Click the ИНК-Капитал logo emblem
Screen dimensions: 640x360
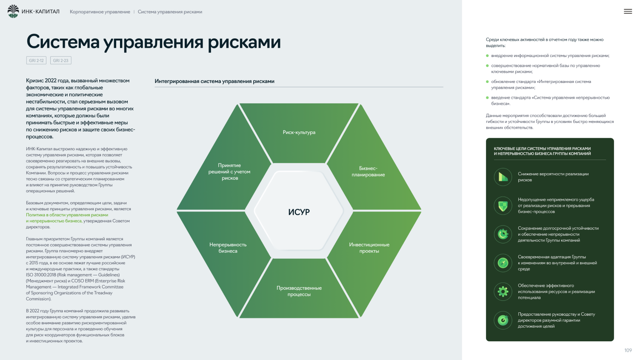pos(13,11)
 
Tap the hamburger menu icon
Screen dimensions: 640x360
pos(628,11)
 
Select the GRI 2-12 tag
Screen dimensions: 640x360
pos(36,60)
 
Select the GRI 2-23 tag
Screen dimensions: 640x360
pos(60,60)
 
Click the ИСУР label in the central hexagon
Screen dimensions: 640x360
pos(299,212)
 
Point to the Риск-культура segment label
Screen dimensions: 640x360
pos(299,132)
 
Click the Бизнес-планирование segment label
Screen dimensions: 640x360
pos(368,171)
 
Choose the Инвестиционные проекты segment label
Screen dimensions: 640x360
pos(369,248)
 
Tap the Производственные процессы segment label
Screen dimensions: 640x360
pos(299,291)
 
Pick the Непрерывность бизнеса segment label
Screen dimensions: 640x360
pos(228,248)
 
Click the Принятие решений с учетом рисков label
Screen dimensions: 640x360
pos(229,172)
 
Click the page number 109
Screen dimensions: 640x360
pos(628,350)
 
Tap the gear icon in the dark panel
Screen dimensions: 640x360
pos(503,292)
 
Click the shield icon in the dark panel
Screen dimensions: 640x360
pos(503,206)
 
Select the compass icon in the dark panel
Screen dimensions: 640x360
pos(503,263)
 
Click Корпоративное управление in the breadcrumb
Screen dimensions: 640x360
pos(100,12)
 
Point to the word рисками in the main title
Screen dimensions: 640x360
pos(244,42)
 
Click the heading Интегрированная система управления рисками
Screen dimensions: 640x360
pos(214,81)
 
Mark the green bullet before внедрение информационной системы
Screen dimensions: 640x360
pos(487,56)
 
